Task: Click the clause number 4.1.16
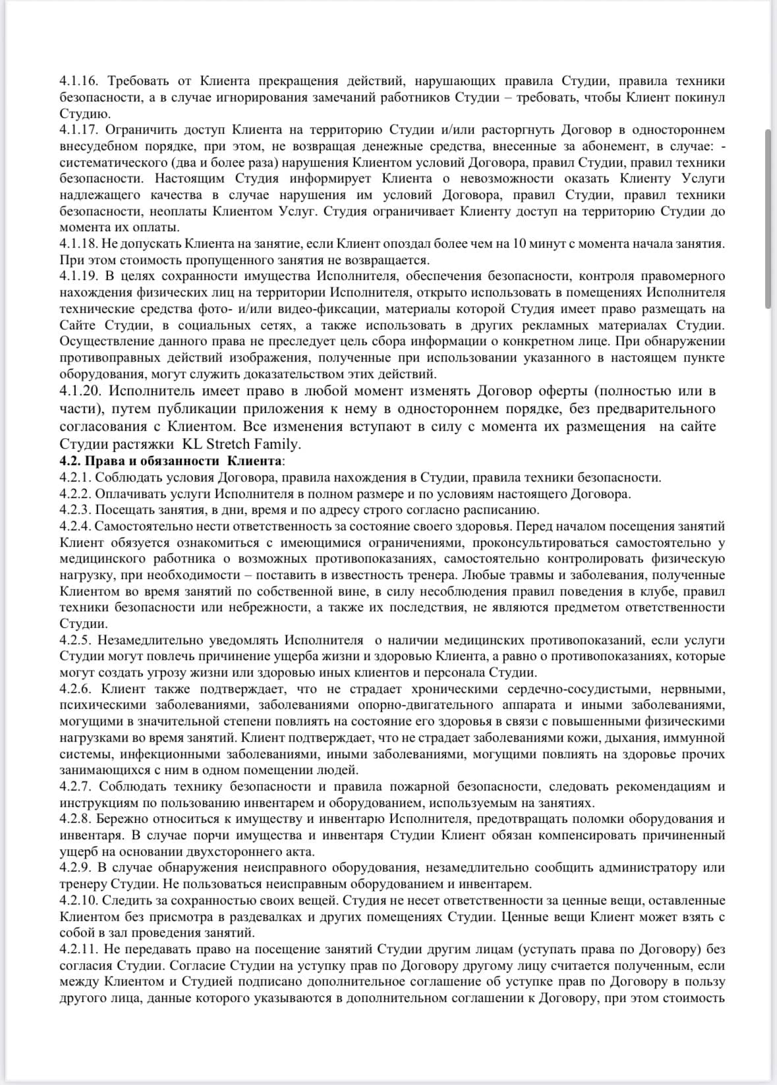(78, 81)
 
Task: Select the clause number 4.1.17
(78, 130)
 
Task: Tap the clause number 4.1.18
(78, 244)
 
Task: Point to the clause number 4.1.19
(78, 276)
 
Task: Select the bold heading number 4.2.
(70, 460)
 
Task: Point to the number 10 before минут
(519, 244)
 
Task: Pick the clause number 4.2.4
(75, 526)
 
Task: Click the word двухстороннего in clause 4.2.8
(198, 852)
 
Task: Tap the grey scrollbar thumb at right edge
(768, 218)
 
